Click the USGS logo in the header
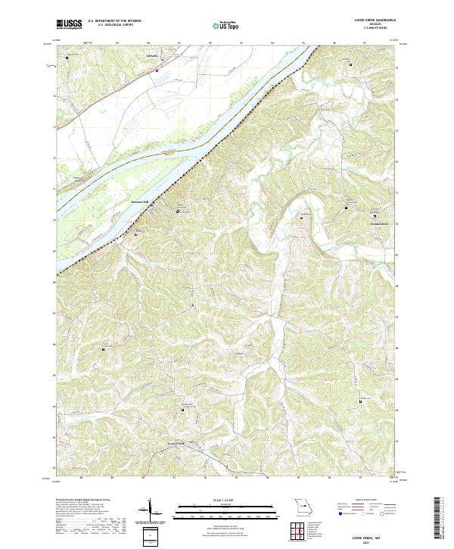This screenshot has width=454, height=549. pos(68,24)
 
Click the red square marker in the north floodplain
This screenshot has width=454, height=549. pos(157,70)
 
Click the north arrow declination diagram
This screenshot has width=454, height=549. pos(150,510)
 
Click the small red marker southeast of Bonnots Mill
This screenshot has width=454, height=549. pos(193,305)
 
